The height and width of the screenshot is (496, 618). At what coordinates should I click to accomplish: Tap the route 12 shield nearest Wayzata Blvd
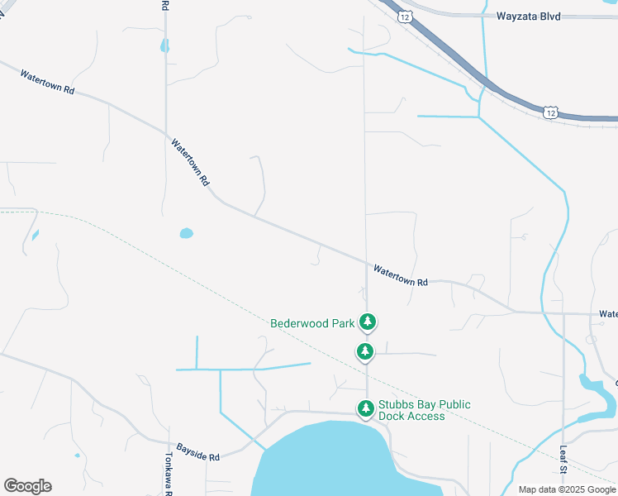404,16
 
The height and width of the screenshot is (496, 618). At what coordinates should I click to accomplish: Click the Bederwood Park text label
312,323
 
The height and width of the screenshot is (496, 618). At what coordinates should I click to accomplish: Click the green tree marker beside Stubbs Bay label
365,408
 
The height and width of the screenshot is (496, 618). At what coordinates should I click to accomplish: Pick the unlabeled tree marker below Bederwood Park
365,351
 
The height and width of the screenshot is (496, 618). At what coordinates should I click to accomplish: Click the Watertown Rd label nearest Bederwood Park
400,275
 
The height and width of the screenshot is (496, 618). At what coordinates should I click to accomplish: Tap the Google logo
27,486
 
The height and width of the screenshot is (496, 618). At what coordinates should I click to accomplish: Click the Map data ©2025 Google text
566,489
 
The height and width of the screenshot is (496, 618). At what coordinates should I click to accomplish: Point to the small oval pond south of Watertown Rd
186,233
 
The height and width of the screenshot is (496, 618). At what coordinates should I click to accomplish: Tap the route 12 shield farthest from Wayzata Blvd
551,111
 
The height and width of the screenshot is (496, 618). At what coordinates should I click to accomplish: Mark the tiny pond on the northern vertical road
165,46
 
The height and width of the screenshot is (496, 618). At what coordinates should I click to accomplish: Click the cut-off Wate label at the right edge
608,314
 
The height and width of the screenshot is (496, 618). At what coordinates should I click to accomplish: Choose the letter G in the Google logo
10,486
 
